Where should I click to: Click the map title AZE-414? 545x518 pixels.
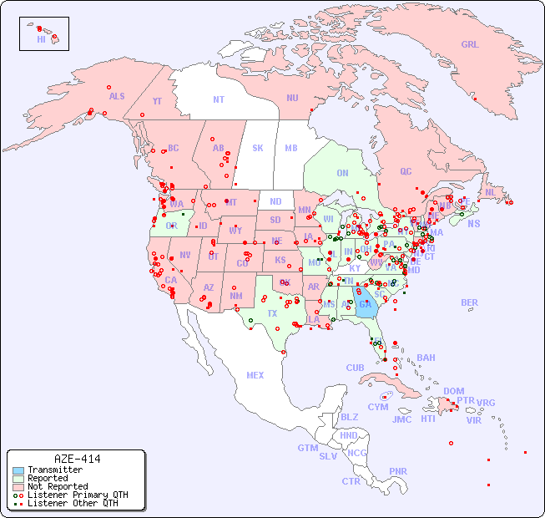(x=77, y=459)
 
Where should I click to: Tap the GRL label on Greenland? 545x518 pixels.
(x=470, y=45)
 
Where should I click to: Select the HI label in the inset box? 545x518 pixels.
(x=41, y=38)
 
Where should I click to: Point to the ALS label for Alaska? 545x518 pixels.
(x=117, y=96)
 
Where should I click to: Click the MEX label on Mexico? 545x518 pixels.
(x=255, y=375)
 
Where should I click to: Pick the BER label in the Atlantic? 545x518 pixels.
(x=470, y=302)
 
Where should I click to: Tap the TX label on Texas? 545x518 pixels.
(x=272, y=313)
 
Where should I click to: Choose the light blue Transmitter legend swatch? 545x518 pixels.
(x=18, y=470)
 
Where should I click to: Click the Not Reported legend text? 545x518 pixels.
(x=58, y=486)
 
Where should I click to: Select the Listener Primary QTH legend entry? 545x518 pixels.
(x=71, y=495)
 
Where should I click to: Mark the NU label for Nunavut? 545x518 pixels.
(x=292, y=98)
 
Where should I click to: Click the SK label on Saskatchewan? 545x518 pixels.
(x=258, y=148)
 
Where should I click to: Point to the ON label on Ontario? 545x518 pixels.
(x=342, y=174)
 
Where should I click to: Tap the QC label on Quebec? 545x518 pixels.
(x=406, y=171)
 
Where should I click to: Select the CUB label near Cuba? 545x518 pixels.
(x=355, y=368)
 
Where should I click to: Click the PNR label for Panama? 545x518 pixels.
(x=398, y=471)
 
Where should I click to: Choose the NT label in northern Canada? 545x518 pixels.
(x=219, y=99)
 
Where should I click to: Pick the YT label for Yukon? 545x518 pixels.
(x=157, y=101)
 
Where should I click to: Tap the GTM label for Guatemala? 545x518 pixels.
(x=307, y=448)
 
